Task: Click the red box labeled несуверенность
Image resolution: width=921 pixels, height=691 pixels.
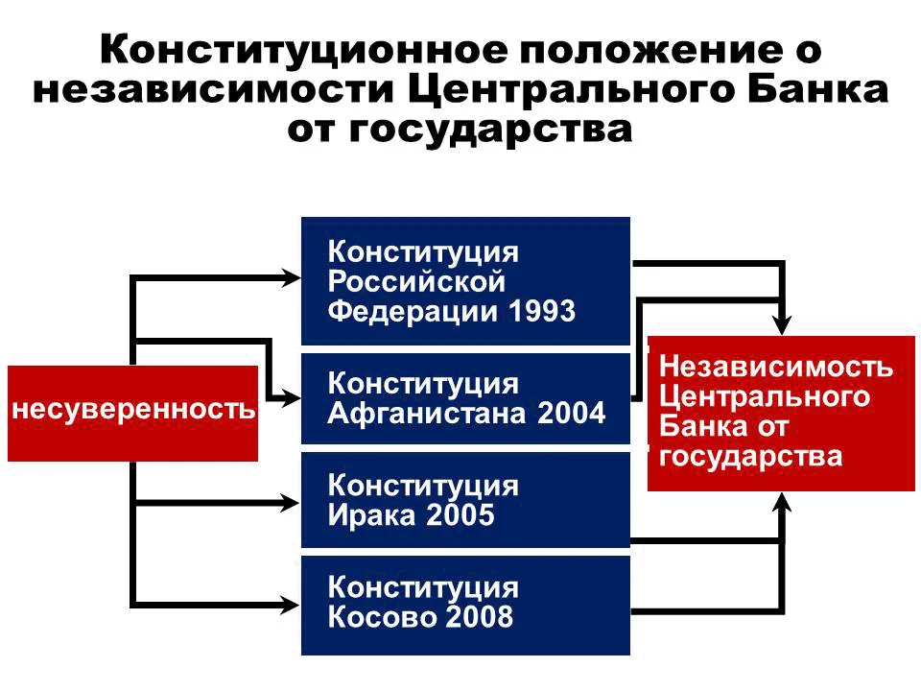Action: (132, 413)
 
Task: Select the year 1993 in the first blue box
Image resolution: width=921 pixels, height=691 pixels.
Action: (541, 311)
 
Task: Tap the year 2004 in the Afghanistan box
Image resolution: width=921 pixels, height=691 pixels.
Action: (571, 413)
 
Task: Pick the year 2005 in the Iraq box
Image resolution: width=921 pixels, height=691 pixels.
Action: (460, 514)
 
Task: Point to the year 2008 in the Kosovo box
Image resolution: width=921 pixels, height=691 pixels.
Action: (479, 616)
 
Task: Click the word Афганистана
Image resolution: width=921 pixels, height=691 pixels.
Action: (427, 413)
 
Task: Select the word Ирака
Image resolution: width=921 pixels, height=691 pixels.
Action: (372, 515)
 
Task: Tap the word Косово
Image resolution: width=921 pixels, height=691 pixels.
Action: (381, 616)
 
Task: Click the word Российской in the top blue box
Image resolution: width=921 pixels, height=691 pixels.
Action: (416, 281)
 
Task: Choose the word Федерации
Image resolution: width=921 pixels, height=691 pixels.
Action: (413, 311)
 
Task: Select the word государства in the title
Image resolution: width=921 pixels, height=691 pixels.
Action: (491, 131)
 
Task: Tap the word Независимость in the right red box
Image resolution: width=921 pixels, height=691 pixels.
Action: (776, 366)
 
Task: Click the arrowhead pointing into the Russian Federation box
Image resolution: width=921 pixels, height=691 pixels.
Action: (291, 278)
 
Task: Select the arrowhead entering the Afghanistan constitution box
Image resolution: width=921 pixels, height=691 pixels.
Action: (291, 398)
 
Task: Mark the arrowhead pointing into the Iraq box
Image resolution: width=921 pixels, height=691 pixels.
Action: (291, 503)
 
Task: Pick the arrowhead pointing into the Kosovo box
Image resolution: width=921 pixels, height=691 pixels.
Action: (291, 605)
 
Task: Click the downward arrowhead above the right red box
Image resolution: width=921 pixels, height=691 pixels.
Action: (782, 325)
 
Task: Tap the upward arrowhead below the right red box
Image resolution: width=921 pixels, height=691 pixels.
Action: (782, 503)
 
